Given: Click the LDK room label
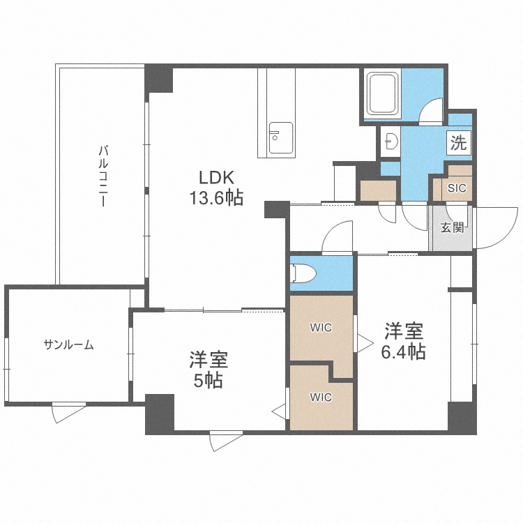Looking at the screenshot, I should tap(215, 177).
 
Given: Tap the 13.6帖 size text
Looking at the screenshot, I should tap(215, 198).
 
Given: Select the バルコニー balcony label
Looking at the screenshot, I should tap(103, 175).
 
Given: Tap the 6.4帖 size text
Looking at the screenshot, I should tap(402, 352).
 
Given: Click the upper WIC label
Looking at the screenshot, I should tap(321, 328).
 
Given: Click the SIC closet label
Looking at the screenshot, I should tap(457, 187).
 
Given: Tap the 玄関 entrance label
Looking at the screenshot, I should tap(453, 227).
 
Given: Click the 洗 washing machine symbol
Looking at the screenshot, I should tap(458, 144).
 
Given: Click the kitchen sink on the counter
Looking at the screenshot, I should tap(280, 134).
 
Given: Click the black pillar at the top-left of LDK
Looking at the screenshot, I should tap(158, 78).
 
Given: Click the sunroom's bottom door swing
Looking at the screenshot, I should tap(68, 413).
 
